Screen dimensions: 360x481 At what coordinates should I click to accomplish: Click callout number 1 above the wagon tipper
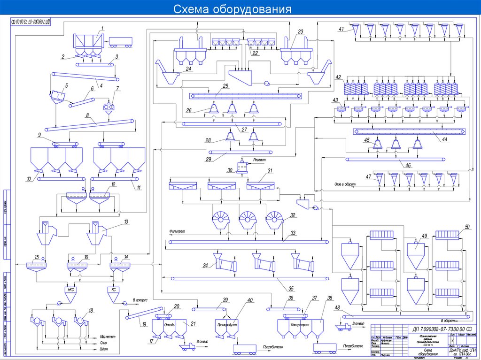click(x=101, y=29)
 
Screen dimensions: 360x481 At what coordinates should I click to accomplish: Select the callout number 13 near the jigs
click(x=125, y=221)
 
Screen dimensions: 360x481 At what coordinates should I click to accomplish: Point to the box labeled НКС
click(x=71, y=290)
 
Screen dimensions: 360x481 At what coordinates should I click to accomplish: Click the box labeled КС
click(x=113, y=290)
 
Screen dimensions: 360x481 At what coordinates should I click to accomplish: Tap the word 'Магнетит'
click(x=108, y=337)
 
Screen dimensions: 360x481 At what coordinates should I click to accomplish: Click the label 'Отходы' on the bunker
click(x=170, y=324)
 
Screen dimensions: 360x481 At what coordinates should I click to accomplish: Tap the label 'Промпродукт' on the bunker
click(x=226, y=324)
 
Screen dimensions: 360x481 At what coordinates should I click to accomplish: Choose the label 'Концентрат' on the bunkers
click(x=299, y=324)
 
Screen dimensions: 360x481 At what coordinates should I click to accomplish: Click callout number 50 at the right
click(x=466, y=227)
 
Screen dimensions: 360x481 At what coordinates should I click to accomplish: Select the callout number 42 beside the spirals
click(x=338, y=77)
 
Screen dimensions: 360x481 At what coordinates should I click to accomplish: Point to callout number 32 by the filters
click(x=293, y=215)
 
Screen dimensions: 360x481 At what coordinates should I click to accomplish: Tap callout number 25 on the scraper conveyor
click(x=225, y=86)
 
